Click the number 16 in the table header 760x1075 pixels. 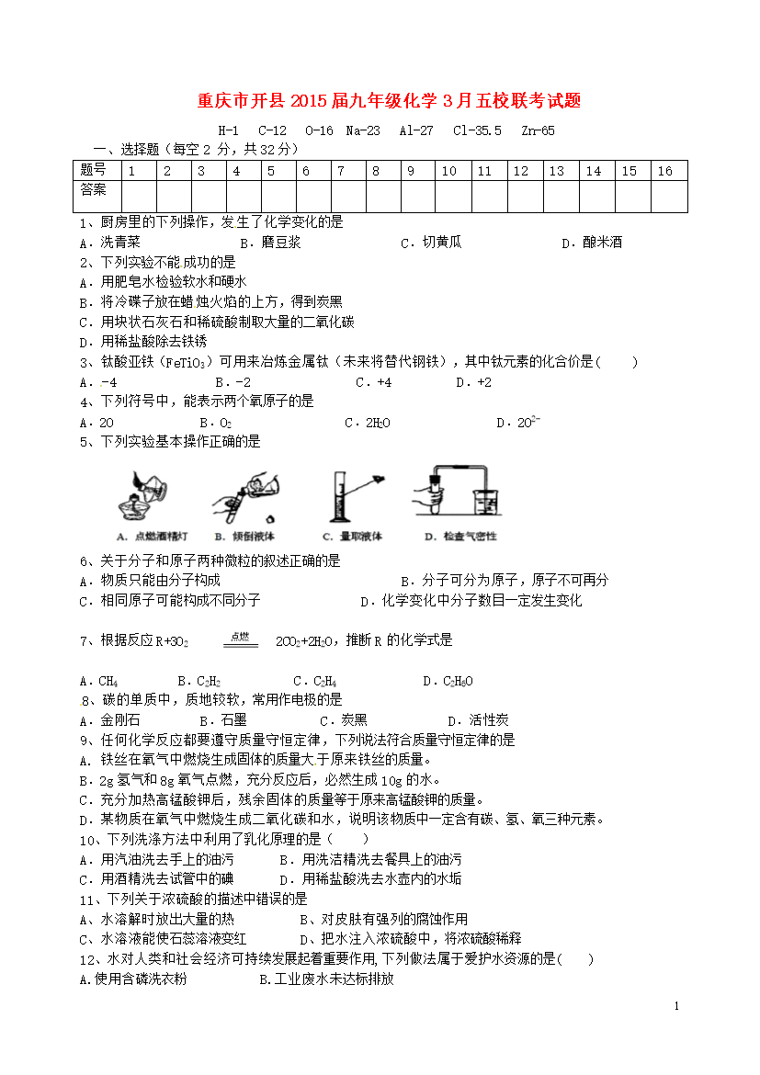(665, 171)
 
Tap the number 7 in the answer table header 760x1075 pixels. (340, 171)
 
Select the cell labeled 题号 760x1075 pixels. (93, 171)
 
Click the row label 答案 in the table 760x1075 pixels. (93, 190)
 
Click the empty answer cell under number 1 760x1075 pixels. (138, 197)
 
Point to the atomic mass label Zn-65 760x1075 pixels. (537, 130)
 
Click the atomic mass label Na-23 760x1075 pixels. (362, 130)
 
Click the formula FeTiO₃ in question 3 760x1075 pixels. (191, 362)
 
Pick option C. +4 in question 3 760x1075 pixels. (374, 382)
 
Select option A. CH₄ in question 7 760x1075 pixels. (99, 681)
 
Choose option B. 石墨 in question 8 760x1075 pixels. (221, 721)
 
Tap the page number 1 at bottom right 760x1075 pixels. (677, 1008)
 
